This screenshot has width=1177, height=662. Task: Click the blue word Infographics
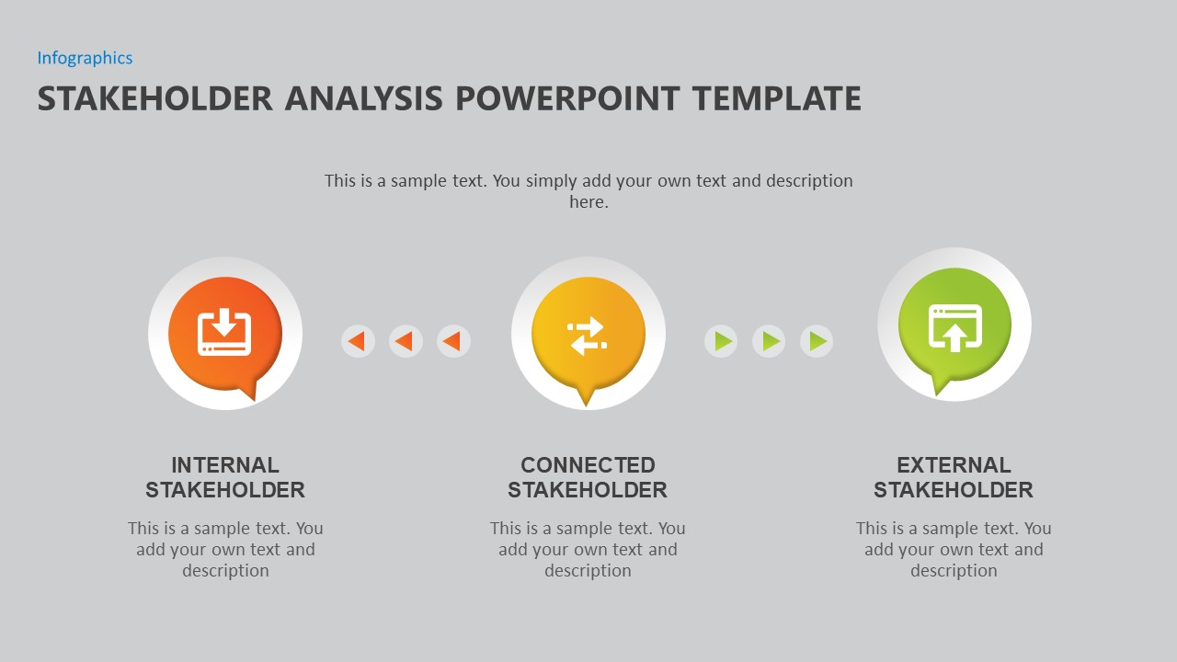click(x=85, y=58)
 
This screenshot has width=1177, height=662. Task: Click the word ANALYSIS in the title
click(x=363, y=98)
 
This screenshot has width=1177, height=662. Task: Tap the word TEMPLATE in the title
click(x=776, y=98)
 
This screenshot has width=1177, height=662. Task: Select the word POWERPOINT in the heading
click(x=567, y=98)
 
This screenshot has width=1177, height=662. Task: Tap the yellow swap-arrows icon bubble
click(x=588, y=337)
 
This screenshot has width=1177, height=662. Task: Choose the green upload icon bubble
click(x=954, y=325)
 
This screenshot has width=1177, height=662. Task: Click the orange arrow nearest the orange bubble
click(x=358, y=341)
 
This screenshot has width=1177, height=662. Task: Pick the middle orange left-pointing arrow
click(x=406, y=341)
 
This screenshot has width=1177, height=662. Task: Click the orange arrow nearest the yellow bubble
click(x=453, y=341)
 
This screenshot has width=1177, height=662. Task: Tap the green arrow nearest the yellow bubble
click(x=721, y=341)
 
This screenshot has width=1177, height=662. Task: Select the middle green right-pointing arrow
click(x=769, y=341)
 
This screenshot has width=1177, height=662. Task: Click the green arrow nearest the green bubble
click(x=817, y=341)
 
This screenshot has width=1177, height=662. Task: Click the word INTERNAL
click(x=225, y=465)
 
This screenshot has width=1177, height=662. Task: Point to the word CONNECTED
click(x=588, y=465)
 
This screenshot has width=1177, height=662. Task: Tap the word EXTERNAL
click(x=954, y=465)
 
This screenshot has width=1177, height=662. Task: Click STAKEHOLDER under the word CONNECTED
click(x=588, y=490)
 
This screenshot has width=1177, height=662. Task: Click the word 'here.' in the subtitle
click(x=589, y=201)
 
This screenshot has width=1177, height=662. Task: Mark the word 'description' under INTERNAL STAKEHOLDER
click(x=225, y=571)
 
